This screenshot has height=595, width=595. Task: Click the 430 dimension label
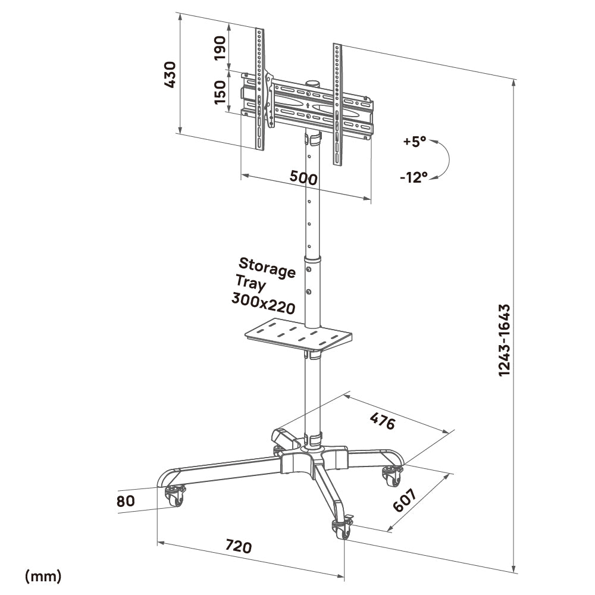(170, 74)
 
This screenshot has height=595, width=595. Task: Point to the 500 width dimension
(303, 177)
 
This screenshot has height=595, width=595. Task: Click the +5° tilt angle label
(414, 142)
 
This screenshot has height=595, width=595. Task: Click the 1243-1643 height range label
(505, 340)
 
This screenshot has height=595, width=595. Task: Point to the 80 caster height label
(126, 501)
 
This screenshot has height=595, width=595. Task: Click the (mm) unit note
(43, 575)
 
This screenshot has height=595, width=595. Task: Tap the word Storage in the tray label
(267, 268)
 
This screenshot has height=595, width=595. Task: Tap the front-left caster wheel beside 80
(174, 496)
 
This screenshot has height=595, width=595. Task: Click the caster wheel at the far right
(391, 475)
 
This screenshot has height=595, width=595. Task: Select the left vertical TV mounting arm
(259, 89)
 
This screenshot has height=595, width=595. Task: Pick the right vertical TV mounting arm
(337, 104)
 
